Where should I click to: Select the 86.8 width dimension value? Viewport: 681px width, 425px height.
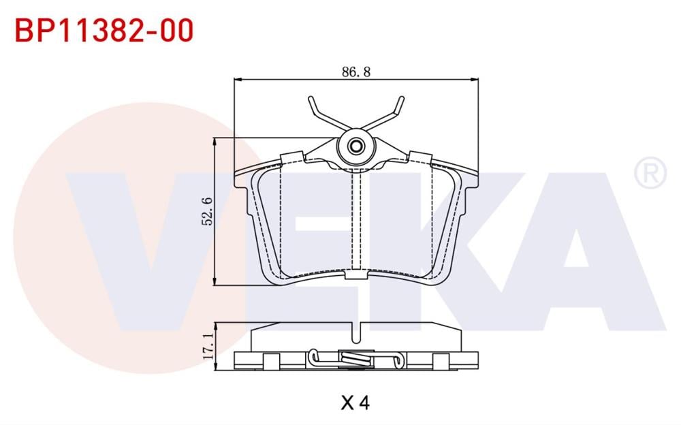click(x=355, y=71)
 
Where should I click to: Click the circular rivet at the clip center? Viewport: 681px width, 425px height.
click(x=355, y=146)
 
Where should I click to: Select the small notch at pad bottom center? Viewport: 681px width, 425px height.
click(x=355, y=274)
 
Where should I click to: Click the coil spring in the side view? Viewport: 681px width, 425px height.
click(x=355, y=356)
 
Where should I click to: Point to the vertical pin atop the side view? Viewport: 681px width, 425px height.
click(x=355, y=332)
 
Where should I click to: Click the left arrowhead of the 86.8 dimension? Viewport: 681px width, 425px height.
click(x=238, y=80)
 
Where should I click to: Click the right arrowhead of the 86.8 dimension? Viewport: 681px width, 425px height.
click(x=475, y=80)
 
